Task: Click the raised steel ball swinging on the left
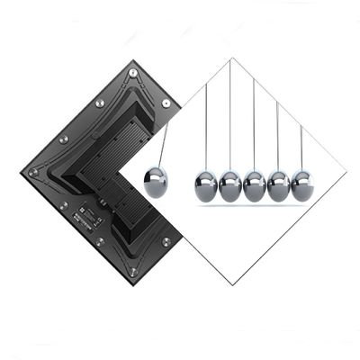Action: [x=156, y=182]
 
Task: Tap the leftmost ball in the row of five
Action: [x=206, y=185]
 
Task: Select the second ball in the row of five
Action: [x=230, y=185]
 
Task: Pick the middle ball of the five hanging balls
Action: [x=255, y=185]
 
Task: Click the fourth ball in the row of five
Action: [x=279, y=185]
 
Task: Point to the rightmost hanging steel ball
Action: [x=301, y=184]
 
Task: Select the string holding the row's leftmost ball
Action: [x=206, y=126]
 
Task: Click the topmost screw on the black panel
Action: [x=133, y=73]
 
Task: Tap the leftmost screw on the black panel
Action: [x=33, y=172]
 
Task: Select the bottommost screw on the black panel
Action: [x=133, y=271]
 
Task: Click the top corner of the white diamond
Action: [x=231, y=58]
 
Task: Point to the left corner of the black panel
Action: [x=21, y=172]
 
